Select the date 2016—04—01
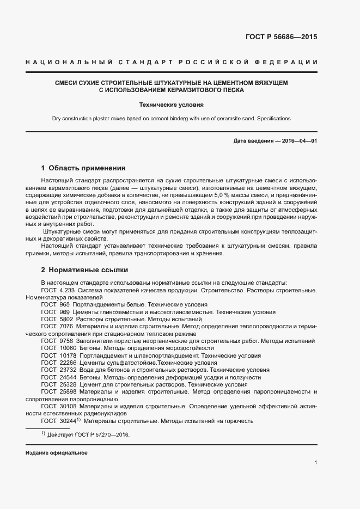point(297,141)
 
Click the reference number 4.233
point(66,291)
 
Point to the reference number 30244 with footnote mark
point(70,421)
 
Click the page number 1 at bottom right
point(315,463)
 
